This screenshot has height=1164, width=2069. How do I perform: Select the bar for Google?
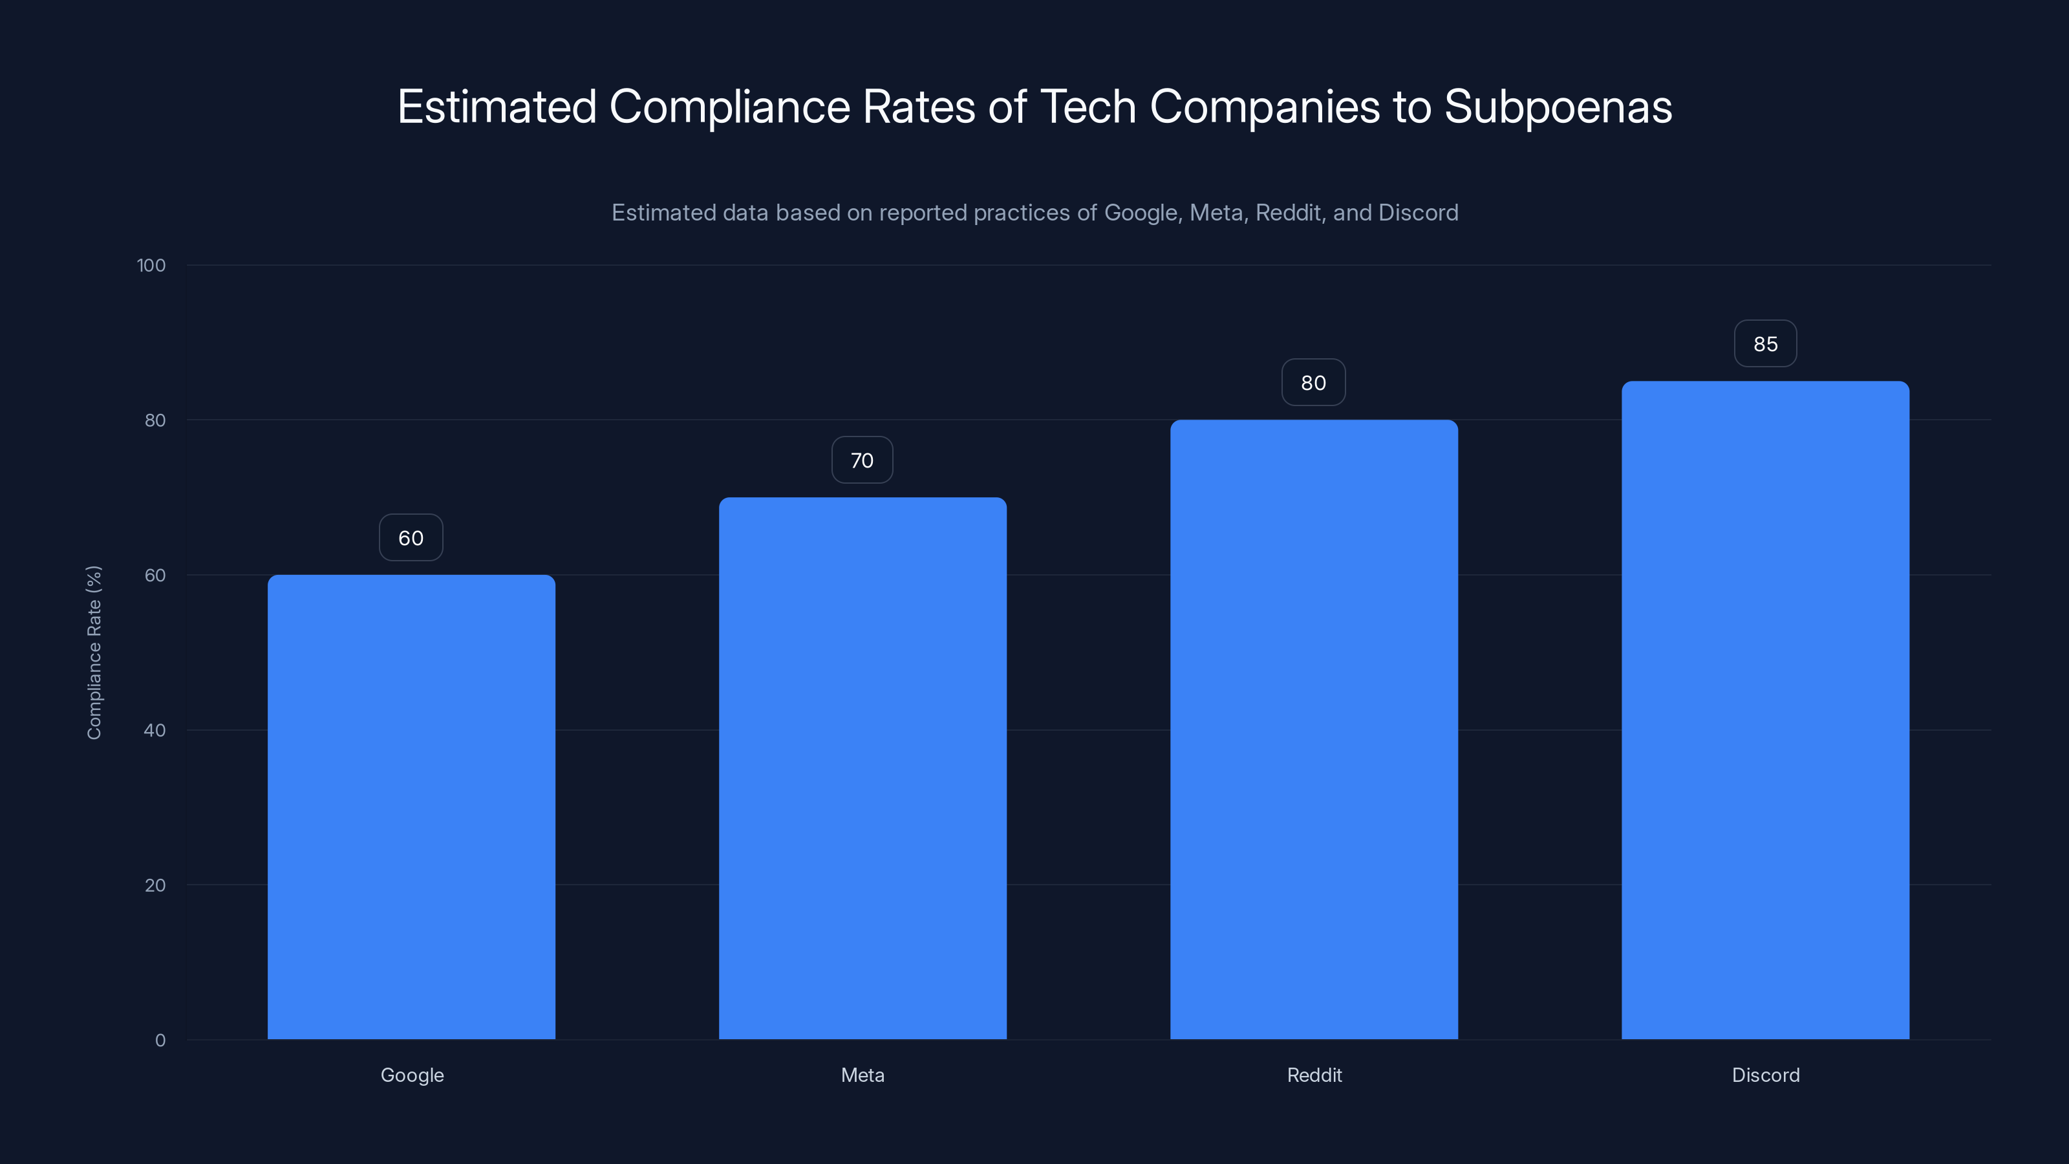[x=411, y=806]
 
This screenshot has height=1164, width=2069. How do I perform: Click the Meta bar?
[x=863, y=768]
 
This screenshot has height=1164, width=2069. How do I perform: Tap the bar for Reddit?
[x=1314, y=729]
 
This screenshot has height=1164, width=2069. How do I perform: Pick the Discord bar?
[x=1765, y=710]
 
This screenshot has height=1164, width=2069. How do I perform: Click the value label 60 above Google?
[x=411, y=537]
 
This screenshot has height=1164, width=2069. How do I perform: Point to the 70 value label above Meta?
[x=862, y=460]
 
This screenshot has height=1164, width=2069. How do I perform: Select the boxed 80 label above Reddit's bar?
[x=1313, y=382]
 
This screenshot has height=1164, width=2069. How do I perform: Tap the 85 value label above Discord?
[x=1765, y=344]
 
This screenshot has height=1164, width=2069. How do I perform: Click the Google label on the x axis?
[x=412, y=1075]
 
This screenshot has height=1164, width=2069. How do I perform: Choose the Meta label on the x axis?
[x=863, y=1075]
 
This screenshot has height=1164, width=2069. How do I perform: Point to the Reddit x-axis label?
[x=1314, y=1075]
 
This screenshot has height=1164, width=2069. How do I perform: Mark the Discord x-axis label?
[x=1765, y=1075]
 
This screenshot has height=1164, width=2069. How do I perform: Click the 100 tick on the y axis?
[x=151, y=265]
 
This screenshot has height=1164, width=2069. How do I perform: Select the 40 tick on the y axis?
[x=155, y=730]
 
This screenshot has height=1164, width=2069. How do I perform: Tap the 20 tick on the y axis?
[x=155, y=885]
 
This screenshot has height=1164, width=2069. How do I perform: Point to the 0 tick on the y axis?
[x=160, y=1040]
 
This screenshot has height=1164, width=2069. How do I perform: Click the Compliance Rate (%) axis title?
[x=94, y=652]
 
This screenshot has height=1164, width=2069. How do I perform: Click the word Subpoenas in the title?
[x=1558, y=107]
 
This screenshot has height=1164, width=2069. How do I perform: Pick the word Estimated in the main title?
[x=497, y=107]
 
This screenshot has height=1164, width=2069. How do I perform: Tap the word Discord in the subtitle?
[x=1419, y=213]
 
